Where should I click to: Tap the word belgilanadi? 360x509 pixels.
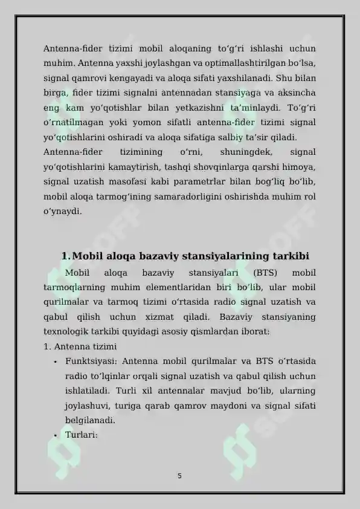click(90, 420)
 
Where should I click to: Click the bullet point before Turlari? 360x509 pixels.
click(54, 435)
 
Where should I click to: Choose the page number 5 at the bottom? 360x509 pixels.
click(179, 476)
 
